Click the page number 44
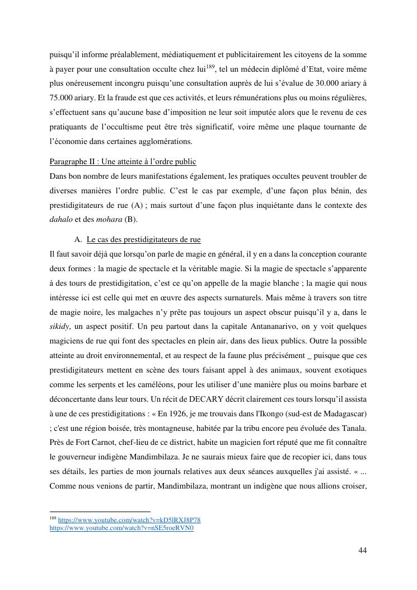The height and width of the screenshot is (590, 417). point(362,550)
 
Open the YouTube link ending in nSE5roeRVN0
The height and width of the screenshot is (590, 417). point(121,528)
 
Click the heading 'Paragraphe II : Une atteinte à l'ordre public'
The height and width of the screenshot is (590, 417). point(123,162)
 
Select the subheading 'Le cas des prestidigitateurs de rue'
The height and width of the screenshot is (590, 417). point(143,240)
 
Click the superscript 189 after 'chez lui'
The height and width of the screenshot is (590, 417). point(210,67)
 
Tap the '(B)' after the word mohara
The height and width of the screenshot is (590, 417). point(131,220)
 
